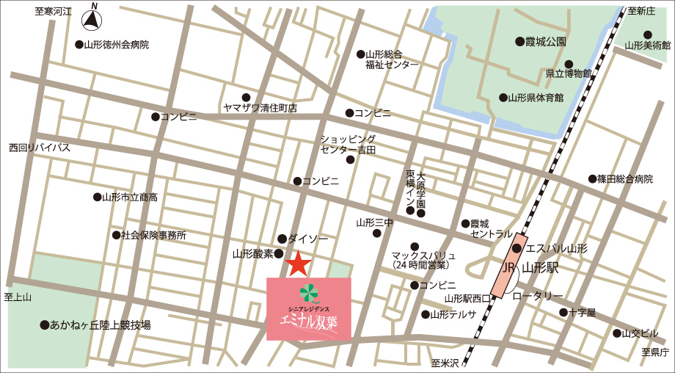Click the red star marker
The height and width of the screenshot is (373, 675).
pos(297,264)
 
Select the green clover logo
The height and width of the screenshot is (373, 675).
pos(310,292)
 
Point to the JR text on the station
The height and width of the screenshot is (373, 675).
pos(508,269)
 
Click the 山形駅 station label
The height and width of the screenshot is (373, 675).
pos(542,269)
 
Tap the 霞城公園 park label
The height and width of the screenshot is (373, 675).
pos(546,42)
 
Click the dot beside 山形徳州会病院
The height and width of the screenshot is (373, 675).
pos(79,44)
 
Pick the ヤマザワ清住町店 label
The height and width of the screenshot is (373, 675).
pos(260,108)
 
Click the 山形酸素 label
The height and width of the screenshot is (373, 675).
pos(252,254)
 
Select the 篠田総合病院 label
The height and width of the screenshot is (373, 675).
pos(624,179)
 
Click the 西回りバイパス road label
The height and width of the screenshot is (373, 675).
pos(40,148)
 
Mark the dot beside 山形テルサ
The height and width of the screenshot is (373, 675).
pos(425,314)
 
